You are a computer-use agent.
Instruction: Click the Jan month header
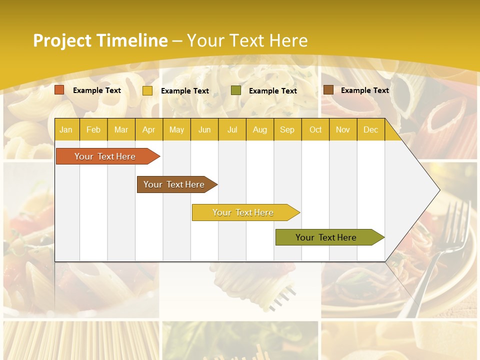[66, 129]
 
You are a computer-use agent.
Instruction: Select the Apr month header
[148, 129]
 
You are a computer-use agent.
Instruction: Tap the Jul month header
[232, 129]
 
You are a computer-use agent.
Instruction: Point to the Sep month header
[287, 129]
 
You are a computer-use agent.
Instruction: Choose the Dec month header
[370, 129]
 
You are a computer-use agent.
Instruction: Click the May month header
[176, 129]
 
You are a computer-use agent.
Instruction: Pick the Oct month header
[315, 129]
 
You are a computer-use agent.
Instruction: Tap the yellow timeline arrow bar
[243, 212]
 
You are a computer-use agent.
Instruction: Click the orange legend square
[59, 90]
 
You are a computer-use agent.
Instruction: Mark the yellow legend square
[147, 90]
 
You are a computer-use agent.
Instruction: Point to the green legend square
[236, 90]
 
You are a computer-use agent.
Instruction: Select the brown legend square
[328, 90]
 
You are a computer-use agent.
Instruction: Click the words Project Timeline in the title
[100, 40]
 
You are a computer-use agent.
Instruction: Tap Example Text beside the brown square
[364, 90]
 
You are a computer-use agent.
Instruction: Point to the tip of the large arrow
[439, 190]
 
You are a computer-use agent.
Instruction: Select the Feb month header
[93, 129]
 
